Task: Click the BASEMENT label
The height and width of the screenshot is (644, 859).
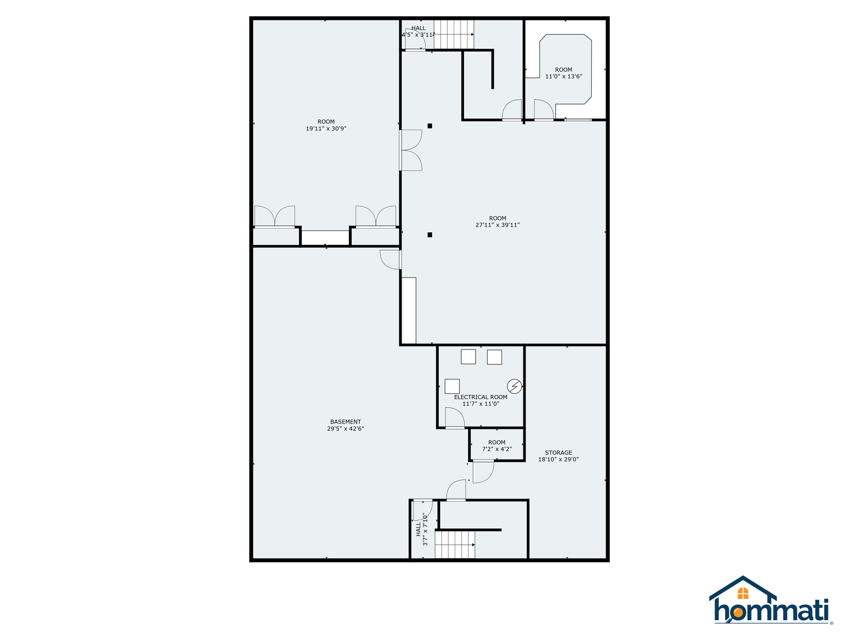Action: (345, 421)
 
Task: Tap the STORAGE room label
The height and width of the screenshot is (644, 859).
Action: (558, 452)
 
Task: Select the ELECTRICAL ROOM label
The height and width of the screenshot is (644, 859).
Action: (480, 397)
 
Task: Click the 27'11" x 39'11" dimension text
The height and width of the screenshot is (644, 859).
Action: (497, 225)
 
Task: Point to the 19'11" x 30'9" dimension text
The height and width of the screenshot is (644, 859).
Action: (326, 128)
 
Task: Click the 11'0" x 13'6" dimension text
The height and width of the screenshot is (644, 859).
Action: (564, 76)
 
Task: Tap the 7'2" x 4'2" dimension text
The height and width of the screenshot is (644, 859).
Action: (497, 449)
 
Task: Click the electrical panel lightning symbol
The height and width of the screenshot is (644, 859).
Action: (514, 386)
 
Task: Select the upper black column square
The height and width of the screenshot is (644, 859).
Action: (429, 126)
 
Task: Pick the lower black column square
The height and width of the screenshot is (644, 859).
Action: (429, 235)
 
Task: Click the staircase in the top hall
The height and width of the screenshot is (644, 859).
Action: (454, 34)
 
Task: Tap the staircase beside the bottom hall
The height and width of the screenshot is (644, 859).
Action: (455, 545)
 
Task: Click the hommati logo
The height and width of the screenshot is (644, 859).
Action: (770, 600)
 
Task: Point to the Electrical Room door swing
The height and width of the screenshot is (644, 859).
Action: (455, 418)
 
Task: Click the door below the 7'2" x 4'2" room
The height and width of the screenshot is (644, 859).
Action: (483, 472)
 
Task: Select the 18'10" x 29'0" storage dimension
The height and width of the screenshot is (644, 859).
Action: (558, 459)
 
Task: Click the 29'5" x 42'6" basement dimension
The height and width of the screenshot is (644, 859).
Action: (345, 429)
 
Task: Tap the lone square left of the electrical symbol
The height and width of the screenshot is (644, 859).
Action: (452, 386)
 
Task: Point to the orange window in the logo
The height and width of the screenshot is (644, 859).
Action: (742, 593)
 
